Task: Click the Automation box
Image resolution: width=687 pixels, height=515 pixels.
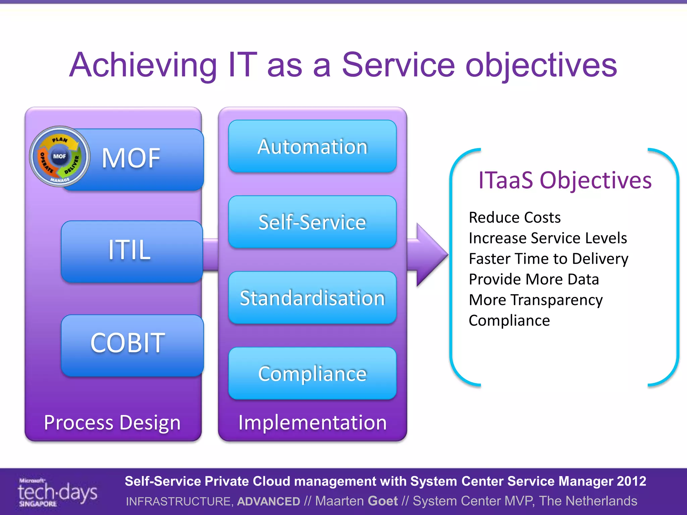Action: point(312,147)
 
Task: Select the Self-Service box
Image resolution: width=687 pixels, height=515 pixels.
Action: point(312,222)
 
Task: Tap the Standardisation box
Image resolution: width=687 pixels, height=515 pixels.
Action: point(312,298)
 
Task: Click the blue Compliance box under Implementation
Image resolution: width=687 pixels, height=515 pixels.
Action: point(312,374)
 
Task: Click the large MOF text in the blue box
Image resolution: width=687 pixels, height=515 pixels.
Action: point(131,158)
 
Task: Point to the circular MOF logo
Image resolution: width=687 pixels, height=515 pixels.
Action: point(60,156)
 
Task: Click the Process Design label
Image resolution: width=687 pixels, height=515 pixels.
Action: point(112,422)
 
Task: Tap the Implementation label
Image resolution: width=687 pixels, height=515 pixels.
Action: point(312,422)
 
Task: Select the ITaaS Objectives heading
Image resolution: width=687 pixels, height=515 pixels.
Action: point(565,180)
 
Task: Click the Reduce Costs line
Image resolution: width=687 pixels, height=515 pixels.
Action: point(515,218)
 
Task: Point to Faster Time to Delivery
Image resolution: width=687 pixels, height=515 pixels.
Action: point(548,259)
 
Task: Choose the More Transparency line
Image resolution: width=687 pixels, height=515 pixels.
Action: point(536,300)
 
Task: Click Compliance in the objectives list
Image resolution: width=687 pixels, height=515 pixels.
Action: point(509,321)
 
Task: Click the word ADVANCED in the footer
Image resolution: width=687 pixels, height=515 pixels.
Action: point(268,501)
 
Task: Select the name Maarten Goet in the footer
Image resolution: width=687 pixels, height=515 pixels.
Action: point(356,501)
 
